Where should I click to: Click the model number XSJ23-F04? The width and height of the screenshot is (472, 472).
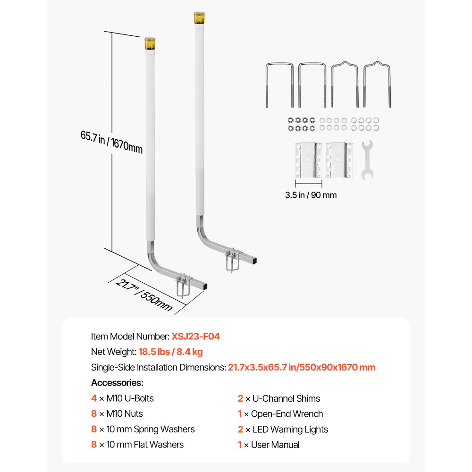point(195,337)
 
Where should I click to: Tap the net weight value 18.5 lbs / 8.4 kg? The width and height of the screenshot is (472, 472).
point(170,352)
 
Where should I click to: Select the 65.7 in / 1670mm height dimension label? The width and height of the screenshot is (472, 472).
point(111,142)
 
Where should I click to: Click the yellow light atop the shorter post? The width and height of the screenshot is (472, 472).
point(150,44)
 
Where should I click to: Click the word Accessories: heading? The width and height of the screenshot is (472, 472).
point(117,383)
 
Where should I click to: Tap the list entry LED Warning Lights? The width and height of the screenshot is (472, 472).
point(289,429)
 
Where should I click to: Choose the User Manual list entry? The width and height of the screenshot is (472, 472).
point(275,445)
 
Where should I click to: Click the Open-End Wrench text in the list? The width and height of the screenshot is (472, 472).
point(287,414)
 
